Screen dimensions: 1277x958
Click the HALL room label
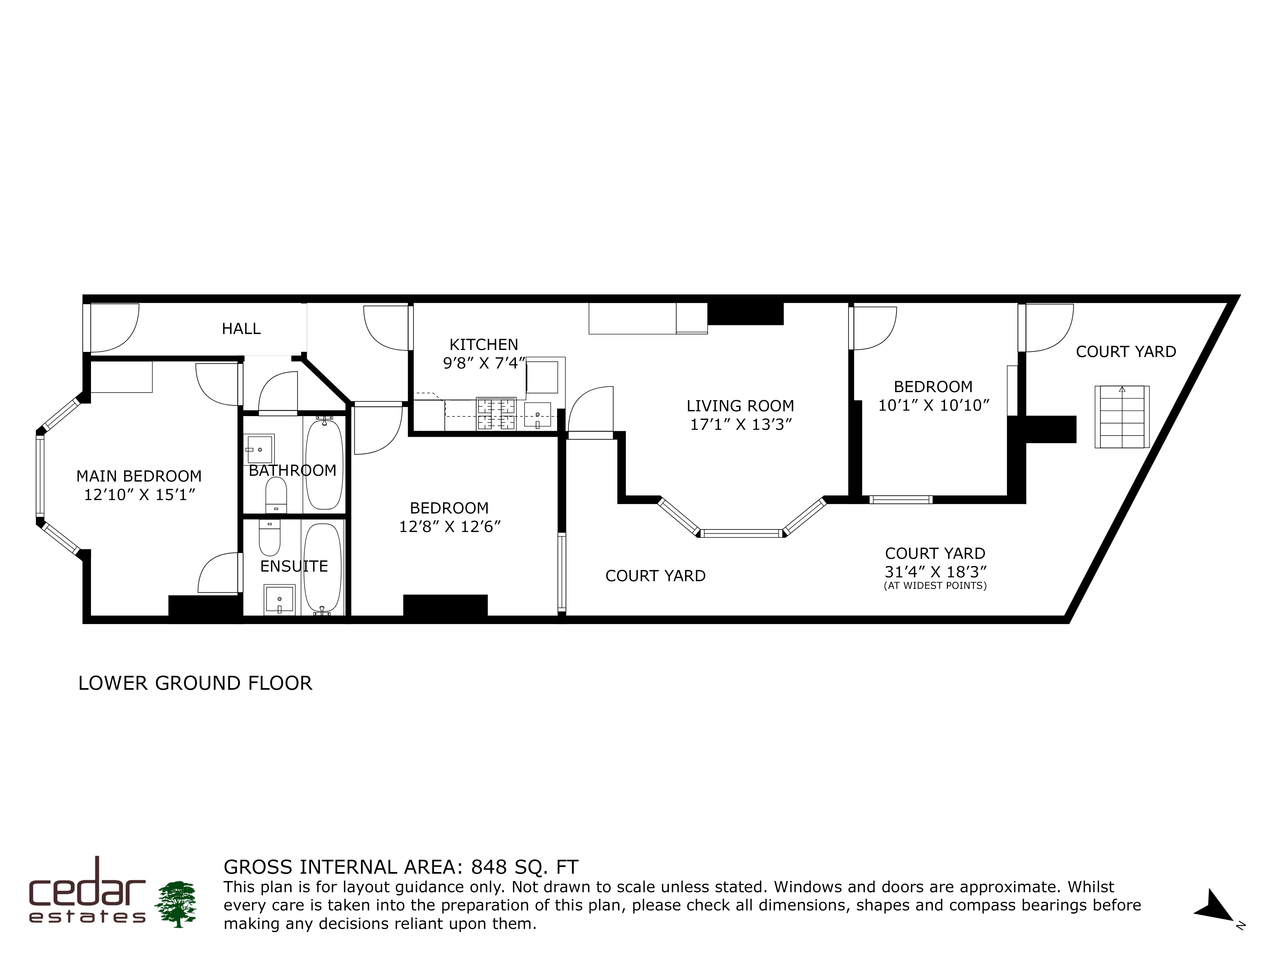pyautogui.click(x=241, y=329)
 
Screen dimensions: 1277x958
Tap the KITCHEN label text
pyautogui.click(x=484, y=345)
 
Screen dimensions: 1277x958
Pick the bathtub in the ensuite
pyautogui.click(x=323, y=568)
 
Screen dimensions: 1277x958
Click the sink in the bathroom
pyautogui.click(x=259, y=449)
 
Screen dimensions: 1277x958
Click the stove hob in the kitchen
pyautogui.click(x=496, y=414)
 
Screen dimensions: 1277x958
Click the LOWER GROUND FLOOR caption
pyautogui.click(x=195, y=683)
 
